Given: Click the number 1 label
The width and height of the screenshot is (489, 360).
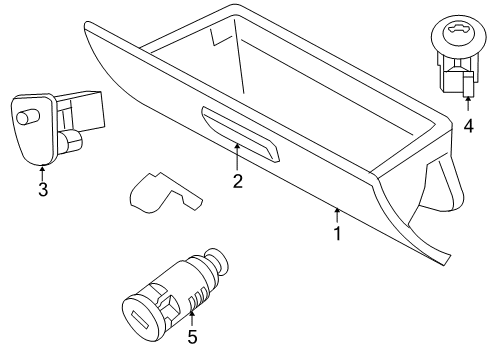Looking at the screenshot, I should click(337, 234).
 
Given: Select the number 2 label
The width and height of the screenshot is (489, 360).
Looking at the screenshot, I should click(237, 181).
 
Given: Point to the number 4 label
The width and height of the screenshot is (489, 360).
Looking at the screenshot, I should click(468, 126).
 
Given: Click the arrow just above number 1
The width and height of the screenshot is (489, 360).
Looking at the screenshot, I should click(337, 213).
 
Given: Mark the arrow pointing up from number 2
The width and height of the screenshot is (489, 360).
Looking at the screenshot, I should click(237, 155).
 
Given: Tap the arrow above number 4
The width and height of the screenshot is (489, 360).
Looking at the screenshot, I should click(468, 105).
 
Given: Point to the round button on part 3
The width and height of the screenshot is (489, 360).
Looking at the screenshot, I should click(24, 117).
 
